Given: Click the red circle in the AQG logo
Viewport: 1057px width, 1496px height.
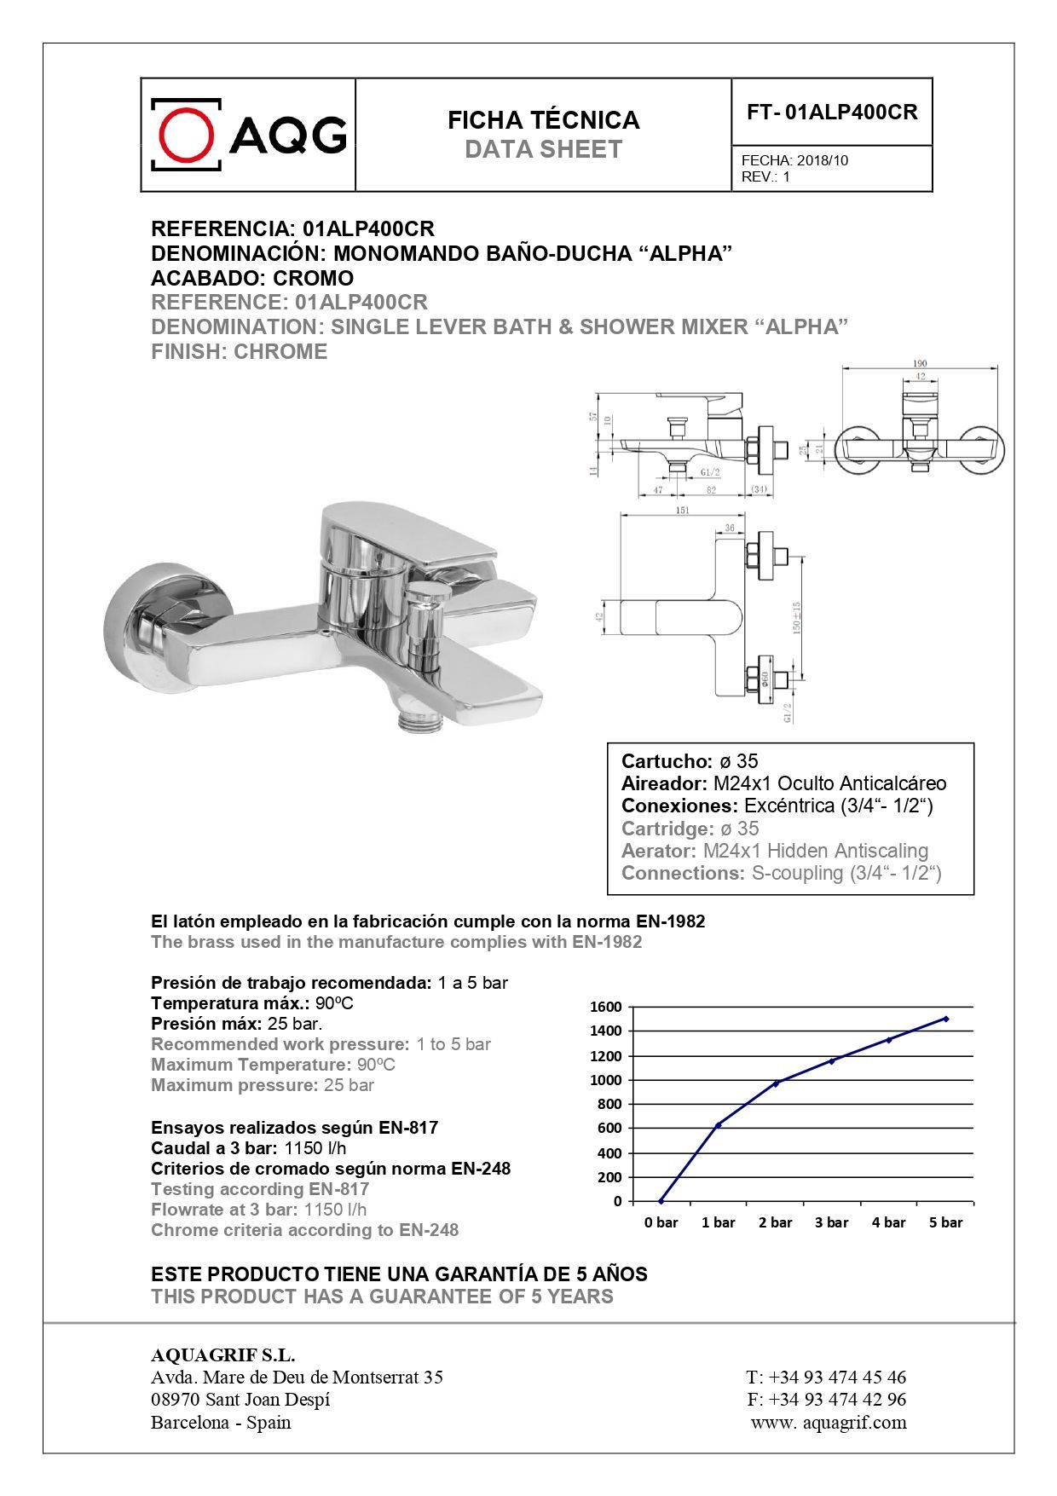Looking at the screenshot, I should pos(188,135).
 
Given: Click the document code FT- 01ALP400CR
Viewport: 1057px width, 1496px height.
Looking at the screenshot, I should pos(832,113).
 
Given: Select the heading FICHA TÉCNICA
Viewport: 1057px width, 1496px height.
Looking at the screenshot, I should pos(543,120).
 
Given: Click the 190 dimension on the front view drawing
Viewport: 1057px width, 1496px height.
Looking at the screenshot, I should pos(920,363).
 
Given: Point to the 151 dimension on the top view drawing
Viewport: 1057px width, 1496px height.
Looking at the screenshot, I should pos(682,510).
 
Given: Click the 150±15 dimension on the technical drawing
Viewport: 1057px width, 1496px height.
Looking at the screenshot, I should pos(797,617).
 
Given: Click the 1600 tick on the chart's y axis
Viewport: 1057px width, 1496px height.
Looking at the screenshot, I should pos(606,1007).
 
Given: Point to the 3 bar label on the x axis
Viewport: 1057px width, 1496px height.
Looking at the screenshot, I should pos(831,1222).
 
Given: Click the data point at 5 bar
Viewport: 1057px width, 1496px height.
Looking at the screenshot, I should pos(946,1019).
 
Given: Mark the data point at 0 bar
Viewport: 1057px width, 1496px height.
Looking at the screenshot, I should pos(661,1201).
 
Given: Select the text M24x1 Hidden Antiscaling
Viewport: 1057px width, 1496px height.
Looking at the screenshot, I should pos(815,851).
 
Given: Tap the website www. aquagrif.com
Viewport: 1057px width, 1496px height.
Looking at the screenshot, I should pos(829,1422).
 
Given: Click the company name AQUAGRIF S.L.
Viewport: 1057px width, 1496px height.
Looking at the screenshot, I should pos(222,1355).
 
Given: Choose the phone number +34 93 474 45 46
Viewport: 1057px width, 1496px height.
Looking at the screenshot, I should pos(837,1377).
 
